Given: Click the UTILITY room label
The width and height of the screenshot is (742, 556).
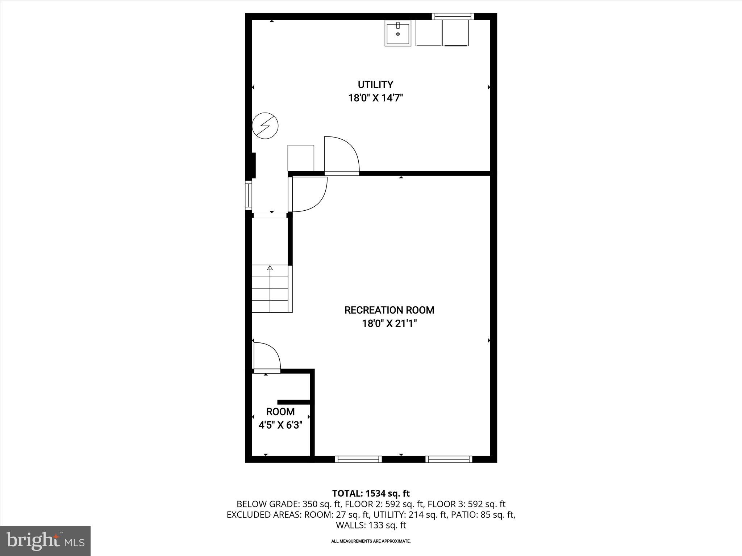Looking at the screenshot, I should [x=375, y=85].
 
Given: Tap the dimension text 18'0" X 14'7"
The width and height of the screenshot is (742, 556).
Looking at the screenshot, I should [x=375, y=98].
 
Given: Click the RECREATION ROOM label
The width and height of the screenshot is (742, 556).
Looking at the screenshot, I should [x=389, y=310].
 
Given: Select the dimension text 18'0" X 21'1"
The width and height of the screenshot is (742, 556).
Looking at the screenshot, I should [x=389, y=324].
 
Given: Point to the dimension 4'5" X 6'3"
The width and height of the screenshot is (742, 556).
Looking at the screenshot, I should [x=280, y=425].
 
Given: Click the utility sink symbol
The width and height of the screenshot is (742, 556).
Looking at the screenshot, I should [x=398, y=33].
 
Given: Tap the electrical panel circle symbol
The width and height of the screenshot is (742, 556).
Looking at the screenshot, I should [x=265, y=126].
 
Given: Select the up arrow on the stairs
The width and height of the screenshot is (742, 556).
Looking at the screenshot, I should [x=270, y=268].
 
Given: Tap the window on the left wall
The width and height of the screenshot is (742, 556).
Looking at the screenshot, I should [x=249, y=195].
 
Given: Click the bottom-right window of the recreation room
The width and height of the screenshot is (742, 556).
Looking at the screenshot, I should [x=449, y=459].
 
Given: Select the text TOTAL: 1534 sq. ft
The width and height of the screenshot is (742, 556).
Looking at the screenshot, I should [x=371, y=493].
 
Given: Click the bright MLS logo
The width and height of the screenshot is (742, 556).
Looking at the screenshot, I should [x=45, y=541].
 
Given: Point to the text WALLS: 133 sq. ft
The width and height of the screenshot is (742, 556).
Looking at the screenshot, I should [x=371, y=525].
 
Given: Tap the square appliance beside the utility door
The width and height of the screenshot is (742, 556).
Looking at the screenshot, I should [x=301, y=158].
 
